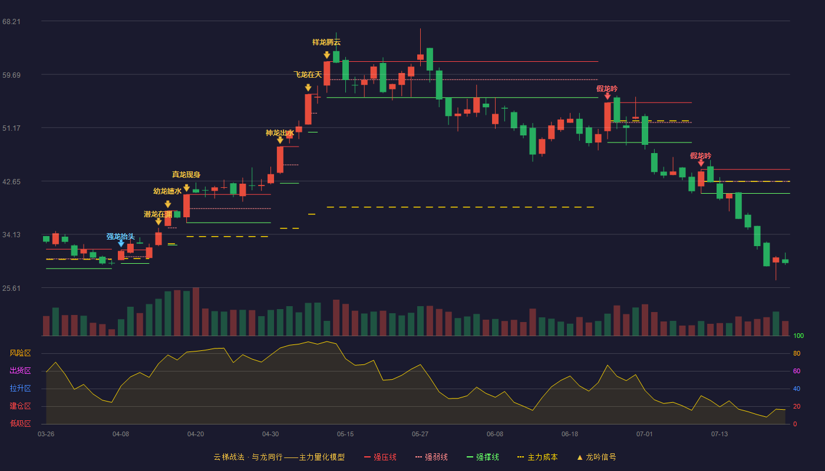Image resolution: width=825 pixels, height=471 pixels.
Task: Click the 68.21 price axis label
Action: coord(11,22)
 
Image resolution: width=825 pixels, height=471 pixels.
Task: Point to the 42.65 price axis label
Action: coord(11,182)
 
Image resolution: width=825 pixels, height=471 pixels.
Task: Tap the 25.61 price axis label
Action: coord(11,288)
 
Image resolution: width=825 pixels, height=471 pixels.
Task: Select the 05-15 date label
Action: coord(345,434)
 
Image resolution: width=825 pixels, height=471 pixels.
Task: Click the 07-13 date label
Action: coord(720,434)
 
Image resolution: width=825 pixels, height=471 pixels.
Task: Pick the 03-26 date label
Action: coord(46,434)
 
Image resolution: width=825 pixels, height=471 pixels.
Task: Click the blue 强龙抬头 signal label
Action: coord(121,237)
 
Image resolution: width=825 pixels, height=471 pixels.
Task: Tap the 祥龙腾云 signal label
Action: coord(326,42)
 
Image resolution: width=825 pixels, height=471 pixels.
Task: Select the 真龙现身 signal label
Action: coord(186,174)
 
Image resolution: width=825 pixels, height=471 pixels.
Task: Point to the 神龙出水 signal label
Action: coord(279,133)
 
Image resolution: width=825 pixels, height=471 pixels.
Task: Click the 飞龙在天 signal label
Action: coord(308,75)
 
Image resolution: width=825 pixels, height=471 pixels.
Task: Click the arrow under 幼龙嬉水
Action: coord(168,204)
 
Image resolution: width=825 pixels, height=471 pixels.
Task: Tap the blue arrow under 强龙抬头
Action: coord(121,244)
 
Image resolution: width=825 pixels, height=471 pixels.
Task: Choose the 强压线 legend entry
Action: coord(380,457)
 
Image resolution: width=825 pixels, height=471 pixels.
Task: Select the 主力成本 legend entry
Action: coord(537,457)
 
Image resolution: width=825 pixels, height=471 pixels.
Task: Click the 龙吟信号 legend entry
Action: coord(596,457)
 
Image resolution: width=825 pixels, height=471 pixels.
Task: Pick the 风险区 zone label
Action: coord(20,353)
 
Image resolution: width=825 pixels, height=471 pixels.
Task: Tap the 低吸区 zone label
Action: coord(20,424)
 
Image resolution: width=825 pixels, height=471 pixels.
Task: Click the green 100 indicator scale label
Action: coord(798,336)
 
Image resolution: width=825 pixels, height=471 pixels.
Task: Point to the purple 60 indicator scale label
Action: coord(797,371)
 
